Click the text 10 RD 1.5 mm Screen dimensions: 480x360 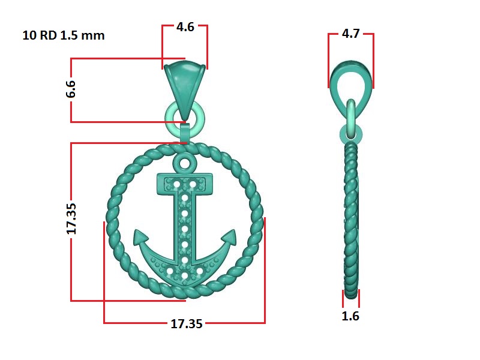coord(64,35)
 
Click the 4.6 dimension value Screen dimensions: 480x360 coord(185,27)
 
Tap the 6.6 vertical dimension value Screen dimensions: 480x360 coord(71,89)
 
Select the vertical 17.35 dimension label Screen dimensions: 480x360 coord(71,218)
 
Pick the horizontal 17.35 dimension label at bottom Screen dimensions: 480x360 coord(187,323)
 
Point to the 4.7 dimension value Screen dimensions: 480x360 coord(351,34)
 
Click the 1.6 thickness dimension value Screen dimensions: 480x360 coord(350,316)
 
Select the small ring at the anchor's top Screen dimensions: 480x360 coord(184,163)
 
